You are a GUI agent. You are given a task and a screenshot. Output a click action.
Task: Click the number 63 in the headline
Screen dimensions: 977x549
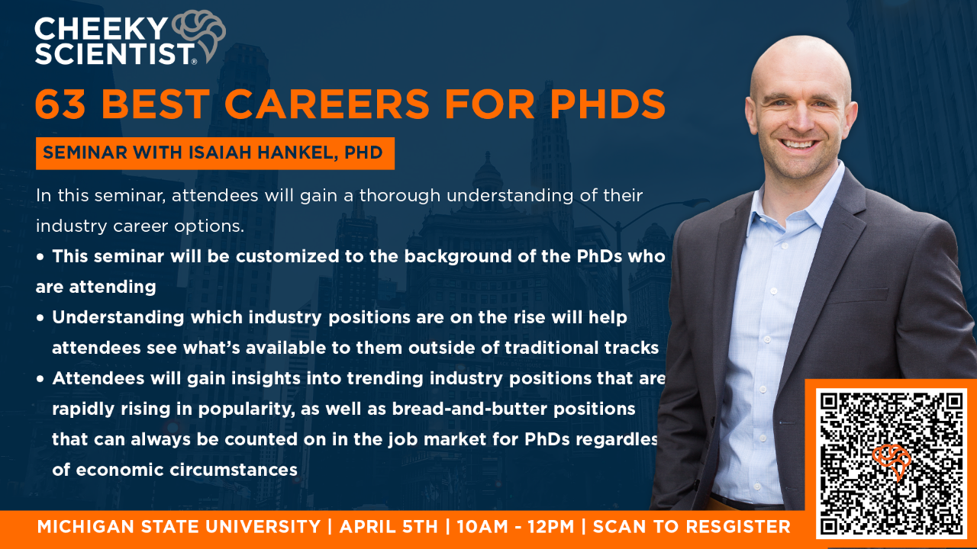pos(60,104)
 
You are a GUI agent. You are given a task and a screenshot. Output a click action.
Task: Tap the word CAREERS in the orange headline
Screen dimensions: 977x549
pos(327,104)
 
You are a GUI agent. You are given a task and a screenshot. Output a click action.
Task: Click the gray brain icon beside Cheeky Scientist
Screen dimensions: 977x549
pos(199,36)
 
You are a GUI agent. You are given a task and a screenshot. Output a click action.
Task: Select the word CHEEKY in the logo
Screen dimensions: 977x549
pos(101,29)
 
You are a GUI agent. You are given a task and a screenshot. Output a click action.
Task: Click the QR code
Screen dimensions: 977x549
pos(892,464)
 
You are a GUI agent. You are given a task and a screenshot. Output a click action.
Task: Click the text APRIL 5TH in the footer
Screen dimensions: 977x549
pos(389,527)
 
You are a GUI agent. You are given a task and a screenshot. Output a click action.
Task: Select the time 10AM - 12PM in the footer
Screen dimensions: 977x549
pos(515,527)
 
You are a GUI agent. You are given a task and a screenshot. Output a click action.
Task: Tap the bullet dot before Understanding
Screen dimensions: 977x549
pos(40,318)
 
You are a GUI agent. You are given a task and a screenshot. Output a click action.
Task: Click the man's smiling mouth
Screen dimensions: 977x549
pos(798,143)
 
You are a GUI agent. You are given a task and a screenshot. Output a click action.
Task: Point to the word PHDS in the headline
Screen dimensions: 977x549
pos(607,104)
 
